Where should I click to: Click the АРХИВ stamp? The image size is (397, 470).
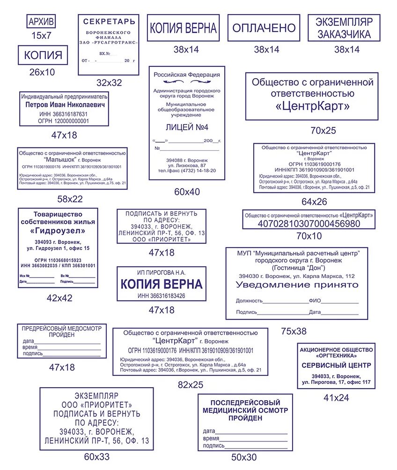(x=42, y=22)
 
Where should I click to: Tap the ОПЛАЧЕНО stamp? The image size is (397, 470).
(x=264, y=28)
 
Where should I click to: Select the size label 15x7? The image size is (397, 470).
(x=41, y=35)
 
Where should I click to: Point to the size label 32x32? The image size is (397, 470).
(x=109, y=83)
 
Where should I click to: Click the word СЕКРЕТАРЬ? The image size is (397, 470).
(x=109, y=22)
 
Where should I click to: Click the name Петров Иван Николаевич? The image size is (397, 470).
(x=65, y=105)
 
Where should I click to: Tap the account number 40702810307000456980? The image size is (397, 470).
(x=309, y=223)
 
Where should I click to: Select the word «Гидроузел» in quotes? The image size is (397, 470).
(x=58, y=231)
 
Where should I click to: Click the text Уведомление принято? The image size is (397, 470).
(x=297, y=285)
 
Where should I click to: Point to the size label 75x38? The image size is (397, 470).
(x=294, y=331)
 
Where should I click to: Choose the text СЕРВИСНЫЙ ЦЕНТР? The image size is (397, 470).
(x=336, y=365)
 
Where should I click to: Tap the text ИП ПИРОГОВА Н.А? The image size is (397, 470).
(x=162, y=272)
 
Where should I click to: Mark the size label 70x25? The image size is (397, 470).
(x=323, y=131)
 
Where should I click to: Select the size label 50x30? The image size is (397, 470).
(x=244, y=457)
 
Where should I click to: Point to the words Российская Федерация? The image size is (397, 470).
(x=187, y=74)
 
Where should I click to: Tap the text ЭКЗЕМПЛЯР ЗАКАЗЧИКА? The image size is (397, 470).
(x=344, y=28)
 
